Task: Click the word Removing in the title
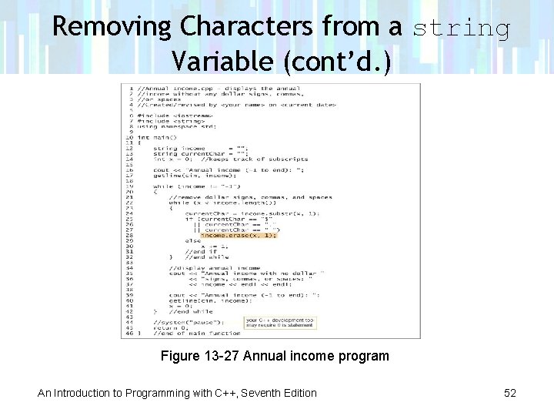(x=112, y=27)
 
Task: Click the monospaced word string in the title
(x=462, y=29)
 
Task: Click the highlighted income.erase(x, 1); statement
(x=238, y=235)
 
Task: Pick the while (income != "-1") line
(x=196, y=186)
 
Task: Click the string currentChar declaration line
(x=199, y=153)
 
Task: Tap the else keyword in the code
(x=192, y=240)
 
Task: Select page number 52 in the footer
(x=509, y=393)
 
